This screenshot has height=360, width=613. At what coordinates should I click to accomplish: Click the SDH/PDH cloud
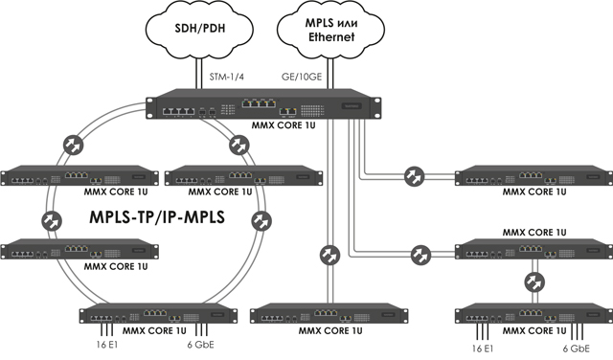point(199,30)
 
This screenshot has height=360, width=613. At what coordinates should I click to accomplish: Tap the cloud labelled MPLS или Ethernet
point(330,30)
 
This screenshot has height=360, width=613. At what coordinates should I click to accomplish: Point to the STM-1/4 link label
point(227,77)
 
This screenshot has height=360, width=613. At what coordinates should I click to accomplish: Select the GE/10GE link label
point(302,77)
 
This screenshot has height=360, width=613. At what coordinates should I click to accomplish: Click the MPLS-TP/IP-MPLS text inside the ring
point(157,217)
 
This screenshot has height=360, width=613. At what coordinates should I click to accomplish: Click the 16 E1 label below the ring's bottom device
point(107,345)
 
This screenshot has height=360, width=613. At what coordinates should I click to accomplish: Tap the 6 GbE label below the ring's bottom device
point(200,345)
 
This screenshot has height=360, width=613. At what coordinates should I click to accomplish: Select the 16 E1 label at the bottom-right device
point(483,349)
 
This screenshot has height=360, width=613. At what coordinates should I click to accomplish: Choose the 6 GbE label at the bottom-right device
point(577,349)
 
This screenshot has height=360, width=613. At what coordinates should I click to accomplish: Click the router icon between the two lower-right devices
point(534,281)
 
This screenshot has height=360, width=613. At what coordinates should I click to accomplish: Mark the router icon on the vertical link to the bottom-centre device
point(329,256)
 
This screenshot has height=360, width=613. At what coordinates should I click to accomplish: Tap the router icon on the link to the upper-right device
point(415,176)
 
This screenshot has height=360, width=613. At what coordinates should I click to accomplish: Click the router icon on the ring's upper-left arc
point(73,145)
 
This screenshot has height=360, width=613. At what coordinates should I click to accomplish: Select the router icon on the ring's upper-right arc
point(239,145)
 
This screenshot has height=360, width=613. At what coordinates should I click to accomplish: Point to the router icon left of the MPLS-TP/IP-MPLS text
point(52,221)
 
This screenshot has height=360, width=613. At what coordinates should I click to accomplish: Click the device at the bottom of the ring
point(158,314)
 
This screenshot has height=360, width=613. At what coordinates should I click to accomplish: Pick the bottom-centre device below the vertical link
point(329,314)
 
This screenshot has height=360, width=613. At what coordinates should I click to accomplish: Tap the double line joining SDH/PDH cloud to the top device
point(199,74)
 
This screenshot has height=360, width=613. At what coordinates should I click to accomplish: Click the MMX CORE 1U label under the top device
point(284,125)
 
